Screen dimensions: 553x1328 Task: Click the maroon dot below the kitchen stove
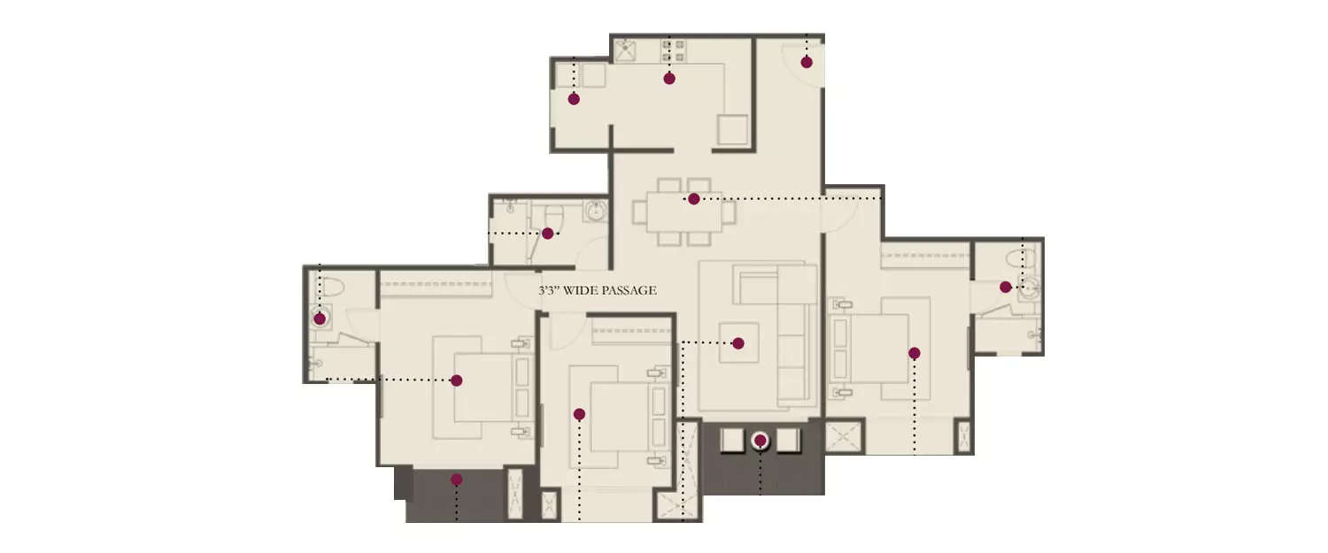(x=669, y=79)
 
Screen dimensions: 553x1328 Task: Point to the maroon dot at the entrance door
(x=807, y=62)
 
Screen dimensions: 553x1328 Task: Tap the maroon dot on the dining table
(x=693, y=199)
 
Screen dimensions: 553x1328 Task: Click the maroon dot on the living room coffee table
(x=737, y=343)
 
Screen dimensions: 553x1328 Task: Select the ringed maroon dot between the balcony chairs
(x=760, y=440)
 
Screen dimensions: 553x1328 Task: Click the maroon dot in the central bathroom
(x=547, y=234)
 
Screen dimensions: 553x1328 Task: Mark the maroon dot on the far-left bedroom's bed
(x=457, y=380)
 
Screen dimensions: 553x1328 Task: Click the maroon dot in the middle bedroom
(x=579, y=414)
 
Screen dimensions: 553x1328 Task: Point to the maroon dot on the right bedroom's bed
(x=914, y=353)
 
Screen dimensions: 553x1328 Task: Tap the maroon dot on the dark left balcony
(x=457, y=480)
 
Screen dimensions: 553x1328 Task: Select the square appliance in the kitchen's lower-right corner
(x=732, y=129)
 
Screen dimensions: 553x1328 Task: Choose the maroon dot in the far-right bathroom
(x=1006, y=287)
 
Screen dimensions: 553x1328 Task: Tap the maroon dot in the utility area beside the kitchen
(x=574, y=99)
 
